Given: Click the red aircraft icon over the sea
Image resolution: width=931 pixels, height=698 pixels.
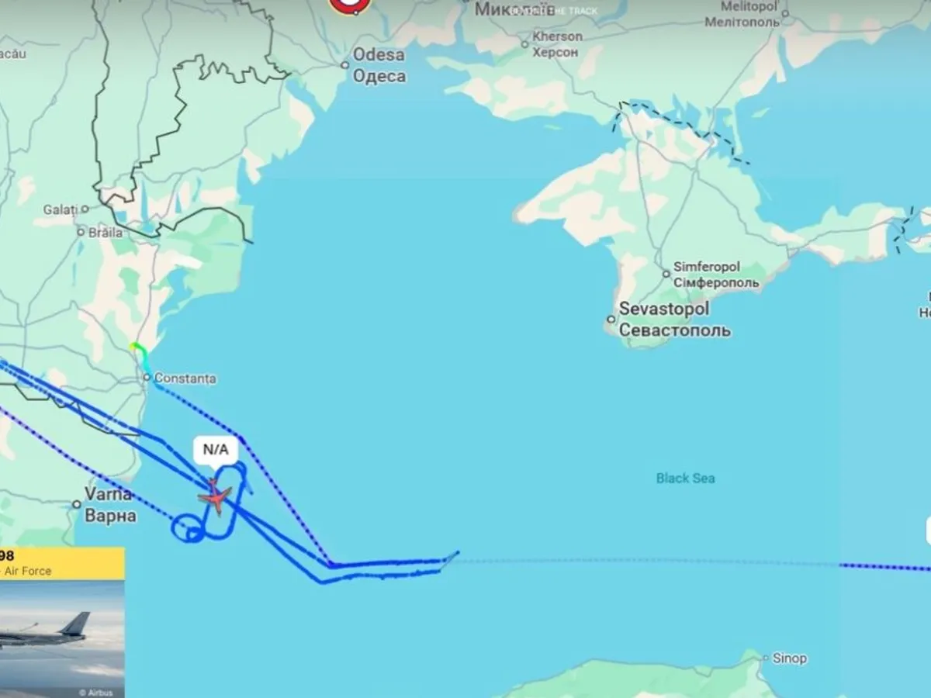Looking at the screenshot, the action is pyautogui.click(x=216, y=496).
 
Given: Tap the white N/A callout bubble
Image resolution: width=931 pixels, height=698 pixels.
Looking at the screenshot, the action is pyautogui.click(x=216, y=450).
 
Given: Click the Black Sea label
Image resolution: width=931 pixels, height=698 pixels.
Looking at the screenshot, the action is pyautogui.click(x=685, y=479).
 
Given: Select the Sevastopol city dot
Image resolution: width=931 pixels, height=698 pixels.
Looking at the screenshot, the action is pyautogui.click(x=611, y=319).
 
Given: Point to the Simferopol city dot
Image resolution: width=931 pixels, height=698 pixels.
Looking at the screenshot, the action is pyautogui.click(x=666, y=274).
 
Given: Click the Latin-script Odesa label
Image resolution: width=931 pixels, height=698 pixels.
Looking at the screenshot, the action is pyautogui.click(x=378, y=55).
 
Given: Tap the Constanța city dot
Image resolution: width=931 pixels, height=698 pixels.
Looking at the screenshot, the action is pyautogui.click(x=147, y=378).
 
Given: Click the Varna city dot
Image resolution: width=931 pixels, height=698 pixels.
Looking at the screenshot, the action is pyautogui.click(x=77, y=504).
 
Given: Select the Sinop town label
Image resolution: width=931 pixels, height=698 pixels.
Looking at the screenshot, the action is pyautogui.click(x=789, y=658).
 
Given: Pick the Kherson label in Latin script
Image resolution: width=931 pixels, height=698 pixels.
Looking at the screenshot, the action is pyautogui.click(x=557, y=36).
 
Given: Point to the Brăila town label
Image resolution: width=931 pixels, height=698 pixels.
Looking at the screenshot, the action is pyautogui.click(x=105, y=232).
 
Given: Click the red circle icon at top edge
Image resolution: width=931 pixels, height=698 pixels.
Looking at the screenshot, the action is pyautogui.click(x=349, y=5).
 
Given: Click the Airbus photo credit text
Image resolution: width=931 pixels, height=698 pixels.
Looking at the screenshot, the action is pyautogui.click(x=99, y=693).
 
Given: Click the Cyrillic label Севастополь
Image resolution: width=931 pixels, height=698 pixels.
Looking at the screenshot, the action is pyautogui.click(x=674, y=330).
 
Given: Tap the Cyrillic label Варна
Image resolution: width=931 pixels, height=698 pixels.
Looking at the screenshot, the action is pyautogui.click(x=110, y=516).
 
